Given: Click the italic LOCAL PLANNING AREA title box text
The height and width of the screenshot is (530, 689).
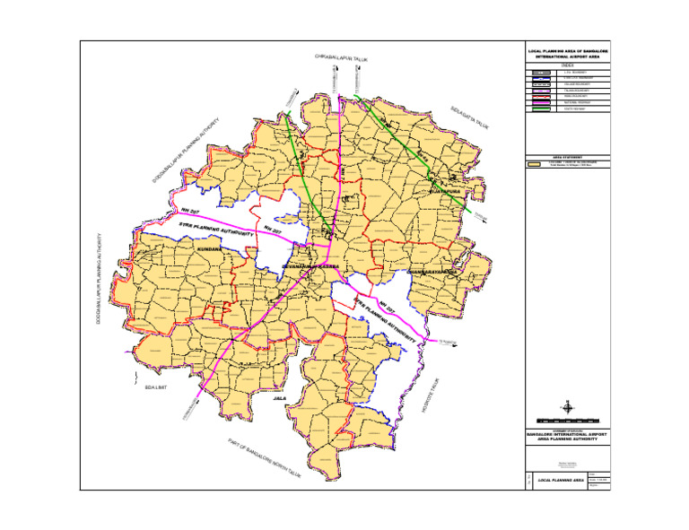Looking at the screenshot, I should [560, 481].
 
